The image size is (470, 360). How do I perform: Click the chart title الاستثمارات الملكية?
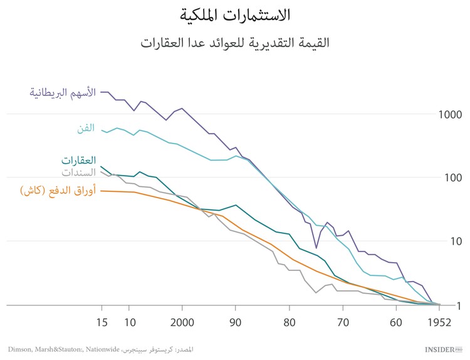click(235, 14)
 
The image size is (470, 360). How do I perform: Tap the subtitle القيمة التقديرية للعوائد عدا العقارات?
click(235, 43)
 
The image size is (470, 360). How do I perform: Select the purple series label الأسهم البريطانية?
click(63, 92)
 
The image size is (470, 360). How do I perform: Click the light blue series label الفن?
click(85, 128)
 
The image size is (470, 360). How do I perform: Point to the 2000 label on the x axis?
click(182, 323)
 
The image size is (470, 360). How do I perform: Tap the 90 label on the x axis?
click(235, 323)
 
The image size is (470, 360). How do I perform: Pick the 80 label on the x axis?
click(288, 323)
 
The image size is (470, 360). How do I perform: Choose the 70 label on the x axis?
click(342, 323)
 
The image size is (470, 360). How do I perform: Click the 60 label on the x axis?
click(395, 323)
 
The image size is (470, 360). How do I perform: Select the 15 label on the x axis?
click(102, 323)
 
